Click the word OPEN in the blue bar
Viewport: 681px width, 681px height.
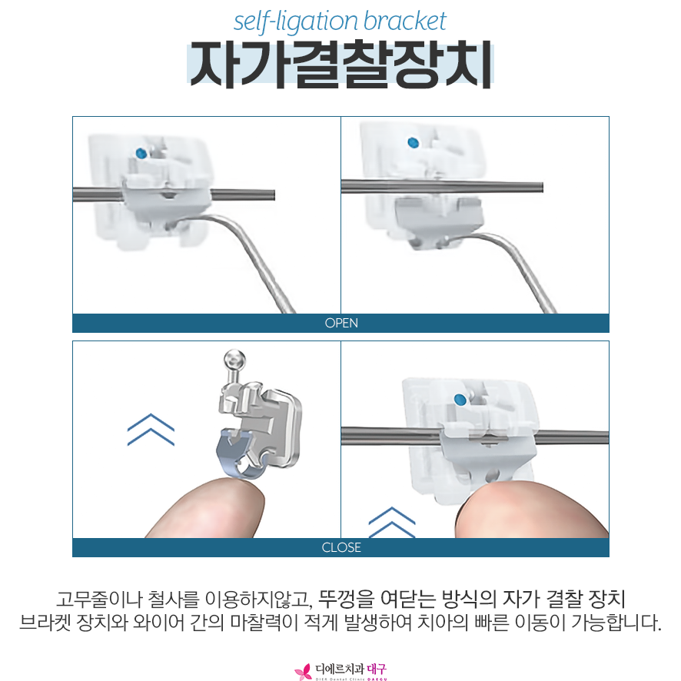(x=341, y=323)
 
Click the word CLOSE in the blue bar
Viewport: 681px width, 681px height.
(x=341, y=547)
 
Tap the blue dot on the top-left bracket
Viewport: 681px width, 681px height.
(x=141, y=153)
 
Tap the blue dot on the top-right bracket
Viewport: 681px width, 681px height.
(x=413, y=142)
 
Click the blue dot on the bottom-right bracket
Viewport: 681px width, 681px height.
(x=460, y=400)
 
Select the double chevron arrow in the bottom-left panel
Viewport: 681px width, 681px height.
(x=151, y=429)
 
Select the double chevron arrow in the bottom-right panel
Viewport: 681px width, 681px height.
(x=392, y=522)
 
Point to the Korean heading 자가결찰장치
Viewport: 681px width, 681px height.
(x=340, y=65)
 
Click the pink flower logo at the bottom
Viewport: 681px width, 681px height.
(x=303, y=672)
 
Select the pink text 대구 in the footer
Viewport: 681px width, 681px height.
(x=377, y=669)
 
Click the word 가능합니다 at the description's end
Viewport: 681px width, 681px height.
(x=616, y=623)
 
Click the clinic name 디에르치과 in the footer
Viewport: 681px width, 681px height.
(x=339, y=669)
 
